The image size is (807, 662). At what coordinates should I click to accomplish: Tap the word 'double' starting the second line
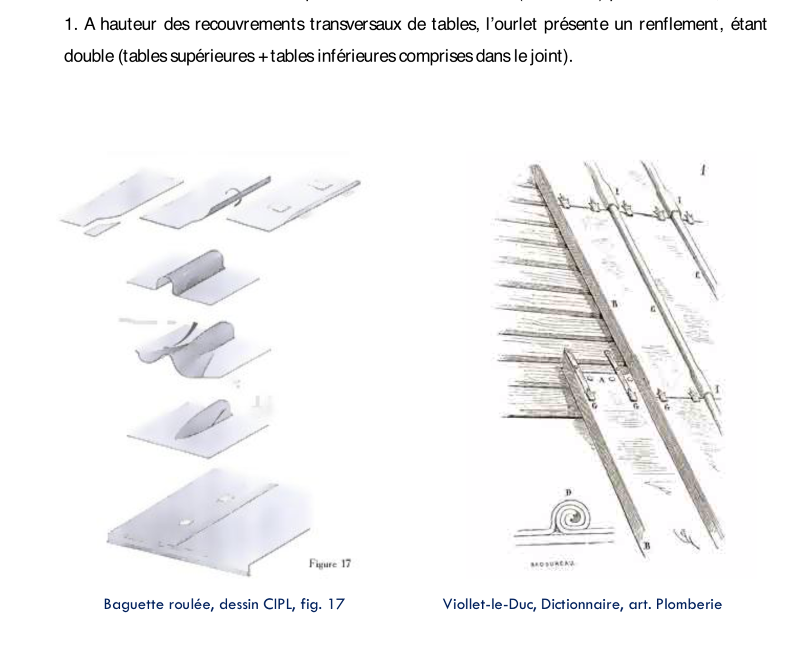pos(88,56)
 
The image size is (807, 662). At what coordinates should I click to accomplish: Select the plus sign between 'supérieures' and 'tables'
pos(262,57)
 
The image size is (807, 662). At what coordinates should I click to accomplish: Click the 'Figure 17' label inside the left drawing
pos(330,563)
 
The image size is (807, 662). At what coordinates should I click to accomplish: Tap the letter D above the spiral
pos(568,493)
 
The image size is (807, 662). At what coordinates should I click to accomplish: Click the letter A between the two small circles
pos(601,380)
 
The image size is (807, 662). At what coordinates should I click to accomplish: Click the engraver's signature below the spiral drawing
pos(553,564)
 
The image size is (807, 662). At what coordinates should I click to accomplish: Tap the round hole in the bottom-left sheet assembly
pos(184,523)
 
